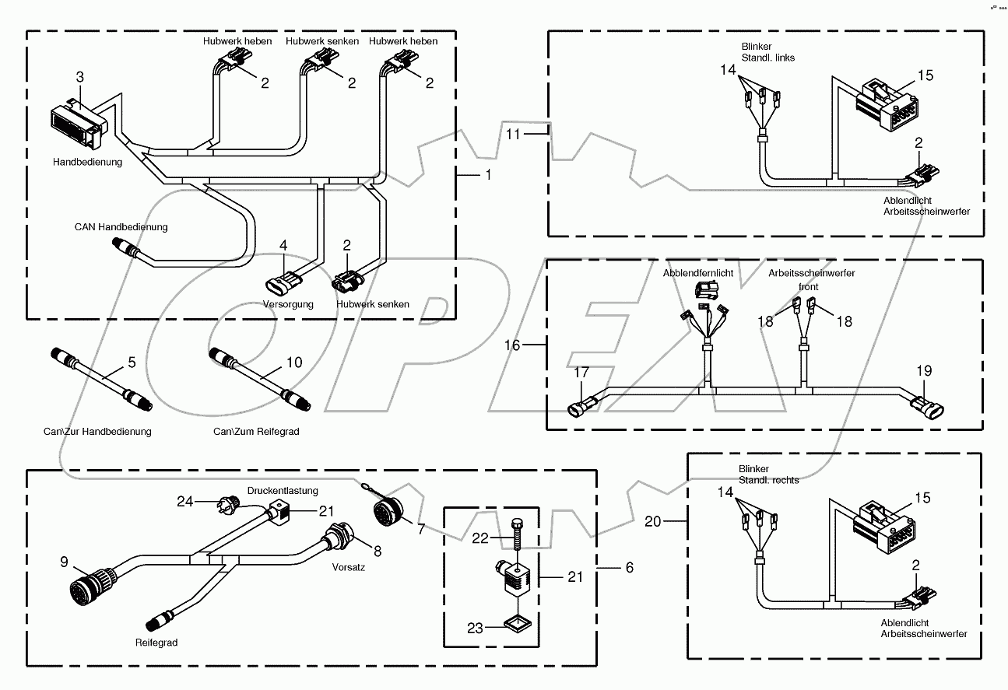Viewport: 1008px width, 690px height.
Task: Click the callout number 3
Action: click(79, 76)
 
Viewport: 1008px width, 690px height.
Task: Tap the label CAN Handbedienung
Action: click(121, 227)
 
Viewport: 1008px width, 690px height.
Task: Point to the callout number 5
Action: click(132, 362)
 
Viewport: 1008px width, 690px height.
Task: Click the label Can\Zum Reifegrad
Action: click(255, 431)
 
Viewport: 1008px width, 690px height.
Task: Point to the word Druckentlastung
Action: click(283, 491)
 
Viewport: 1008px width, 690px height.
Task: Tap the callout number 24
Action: click(184, 502)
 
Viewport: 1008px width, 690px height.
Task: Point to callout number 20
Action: click(653, 521)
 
